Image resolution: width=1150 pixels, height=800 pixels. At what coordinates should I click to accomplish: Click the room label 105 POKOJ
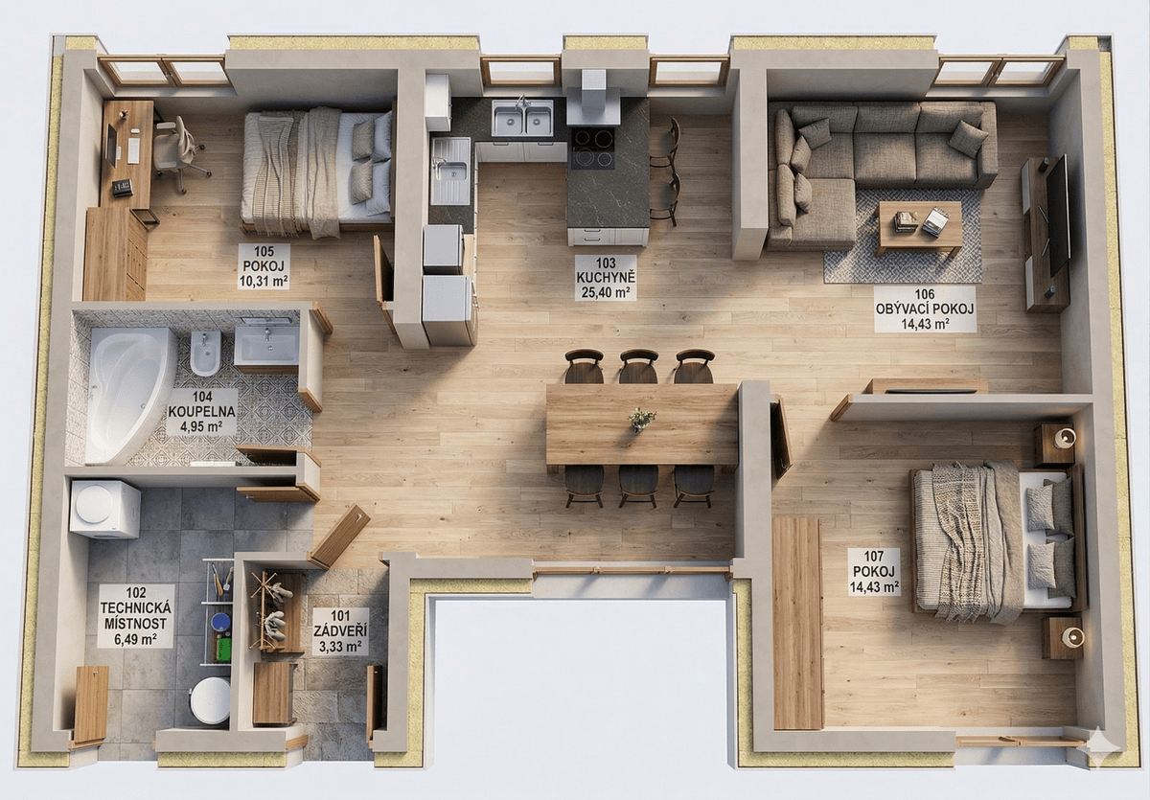pyautogui.click(x=264, y=266)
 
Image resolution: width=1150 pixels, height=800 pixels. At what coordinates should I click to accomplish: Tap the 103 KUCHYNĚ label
pyautogui.click(x=606, y=278)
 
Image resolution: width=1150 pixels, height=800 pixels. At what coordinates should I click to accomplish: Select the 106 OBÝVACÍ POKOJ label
pyautogui.click(x=925, y=309)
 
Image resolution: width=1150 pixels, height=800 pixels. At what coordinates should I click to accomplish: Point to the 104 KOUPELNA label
pyautogui.click(x=202, y=411)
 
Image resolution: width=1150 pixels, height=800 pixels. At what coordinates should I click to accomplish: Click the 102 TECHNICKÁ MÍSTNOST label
pyautogui.click(x=135, y=616)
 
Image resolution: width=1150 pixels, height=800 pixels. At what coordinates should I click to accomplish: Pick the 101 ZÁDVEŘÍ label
pyautogui.click(x=340, y=631)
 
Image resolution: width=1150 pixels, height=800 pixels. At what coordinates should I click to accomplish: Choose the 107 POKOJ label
pyautogui.click(x=874, y=571)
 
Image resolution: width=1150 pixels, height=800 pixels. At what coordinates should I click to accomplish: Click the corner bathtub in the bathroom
pyautogui.click(x=130, y=394)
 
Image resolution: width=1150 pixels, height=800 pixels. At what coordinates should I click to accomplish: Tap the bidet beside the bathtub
pyautogui.click(x=205, y=353)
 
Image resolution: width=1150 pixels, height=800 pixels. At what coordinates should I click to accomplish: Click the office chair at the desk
pyautogui.click(x=178, y=153)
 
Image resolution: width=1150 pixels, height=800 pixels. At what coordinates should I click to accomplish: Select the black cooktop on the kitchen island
pyautogui.click(x=593, y=148)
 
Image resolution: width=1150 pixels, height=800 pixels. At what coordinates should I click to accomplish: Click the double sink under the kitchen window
pyautogui.click(x=522, y=118)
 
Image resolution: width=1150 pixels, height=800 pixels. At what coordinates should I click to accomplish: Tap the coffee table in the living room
pyautogui.click(x=920, y=226)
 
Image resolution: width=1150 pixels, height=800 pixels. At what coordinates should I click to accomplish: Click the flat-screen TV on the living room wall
pyautogui.click(x=1058, y=215)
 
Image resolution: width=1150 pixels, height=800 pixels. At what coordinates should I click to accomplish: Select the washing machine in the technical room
pyautogui.click(x=104, y=509)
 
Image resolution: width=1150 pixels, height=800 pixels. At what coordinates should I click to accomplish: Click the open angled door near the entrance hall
pyautogui.click(x=340, y=536)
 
